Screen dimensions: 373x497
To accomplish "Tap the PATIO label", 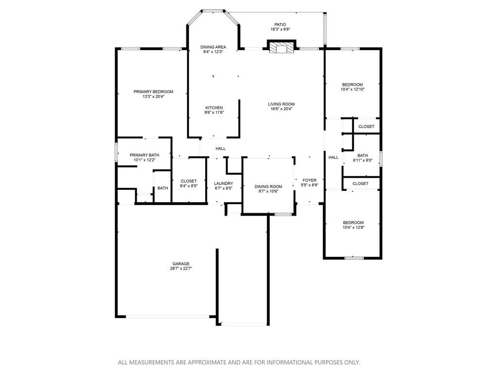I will pos(281,24).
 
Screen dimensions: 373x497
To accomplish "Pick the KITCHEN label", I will pos(214,108).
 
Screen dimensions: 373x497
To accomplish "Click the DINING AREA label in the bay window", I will pos(213,47).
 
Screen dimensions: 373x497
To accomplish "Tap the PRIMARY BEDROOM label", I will pos(153,92).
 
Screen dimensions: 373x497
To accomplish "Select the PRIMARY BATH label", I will pos(142,155).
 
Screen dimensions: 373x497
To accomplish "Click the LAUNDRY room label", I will pos(223,184).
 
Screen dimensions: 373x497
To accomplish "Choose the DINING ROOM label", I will pos(268,186).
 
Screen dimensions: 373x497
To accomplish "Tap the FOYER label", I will pos(310,180).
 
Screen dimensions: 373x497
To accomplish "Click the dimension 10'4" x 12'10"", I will pos(352,89).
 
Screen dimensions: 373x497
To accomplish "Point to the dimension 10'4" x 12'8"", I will pos(353,227).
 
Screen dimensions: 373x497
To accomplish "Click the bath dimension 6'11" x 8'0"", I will pos(363,160).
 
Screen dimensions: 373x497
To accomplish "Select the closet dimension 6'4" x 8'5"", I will pos(188,186).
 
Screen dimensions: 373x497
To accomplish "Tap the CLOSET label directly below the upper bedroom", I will pos(366,127).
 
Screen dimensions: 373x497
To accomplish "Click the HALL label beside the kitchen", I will pos(220,149).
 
